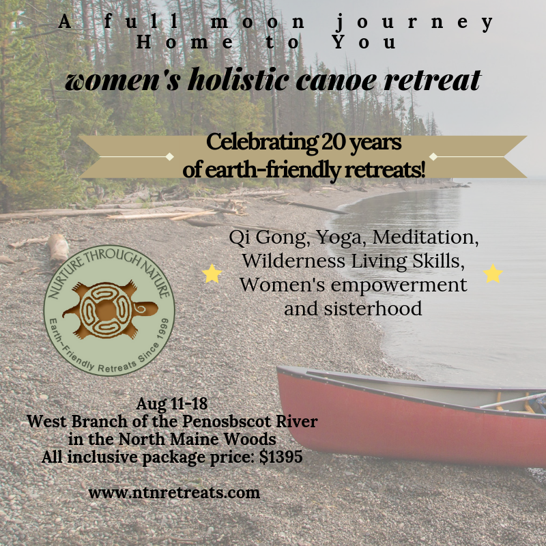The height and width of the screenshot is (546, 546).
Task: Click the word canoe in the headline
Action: tap(336, 81)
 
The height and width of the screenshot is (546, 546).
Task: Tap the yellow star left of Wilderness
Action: tap(212, 274)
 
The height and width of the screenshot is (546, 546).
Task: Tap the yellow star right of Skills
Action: tap(493, 274)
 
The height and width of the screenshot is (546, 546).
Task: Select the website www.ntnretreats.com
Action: tap(174, 493)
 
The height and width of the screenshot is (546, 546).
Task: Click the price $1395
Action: tap(281, 457)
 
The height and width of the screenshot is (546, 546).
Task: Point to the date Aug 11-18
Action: tap(172, 404)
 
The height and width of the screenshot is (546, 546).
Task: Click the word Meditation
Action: tap(425, 237)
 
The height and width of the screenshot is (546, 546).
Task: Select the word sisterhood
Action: tap(373, 308)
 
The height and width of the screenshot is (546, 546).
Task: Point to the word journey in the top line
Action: tap(415, 23)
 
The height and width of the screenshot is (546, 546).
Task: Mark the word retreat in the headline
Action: tap(433, 80)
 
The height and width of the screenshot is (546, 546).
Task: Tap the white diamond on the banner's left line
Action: tap(169, 156)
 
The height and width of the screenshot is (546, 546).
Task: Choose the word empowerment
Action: tap(399, 285)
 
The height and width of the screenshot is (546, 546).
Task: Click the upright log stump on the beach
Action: tap(58, 248)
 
